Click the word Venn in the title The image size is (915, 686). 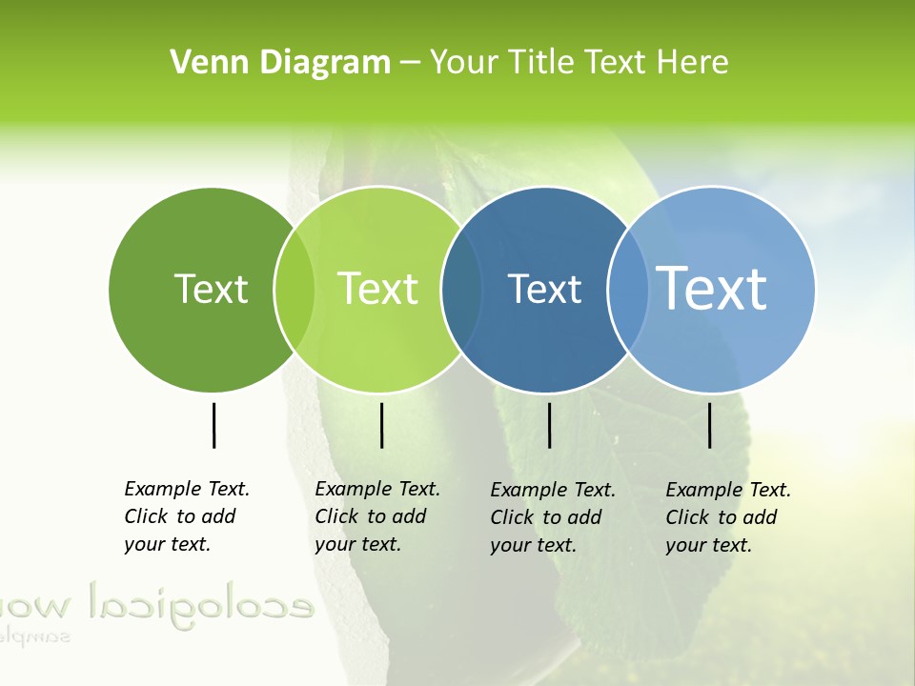[x=202, y=63]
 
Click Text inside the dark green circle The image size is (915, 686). [x=211, y=289]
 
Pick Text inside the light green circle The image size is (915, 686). [x=378, y=289]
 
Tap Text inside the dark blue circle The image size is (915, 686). [x=544, y=289]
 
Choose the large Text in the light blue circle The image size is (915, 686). [x=712, y=288]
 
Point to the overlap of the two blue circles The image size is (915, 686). [x=627, y=289]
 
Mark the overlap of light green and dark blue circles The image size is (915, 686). [x=460, y=289]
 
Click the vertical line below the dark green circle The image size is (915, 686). [x=213, y=425]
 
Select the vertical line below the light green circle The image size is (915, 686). [x=381, y=425]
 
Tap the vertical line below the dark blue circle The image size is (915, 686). [x=549, y=425]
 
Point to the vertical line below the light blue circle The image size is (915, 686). [x=710, y=425]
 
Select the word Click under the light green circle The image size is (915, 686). [x=336, y=516]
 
